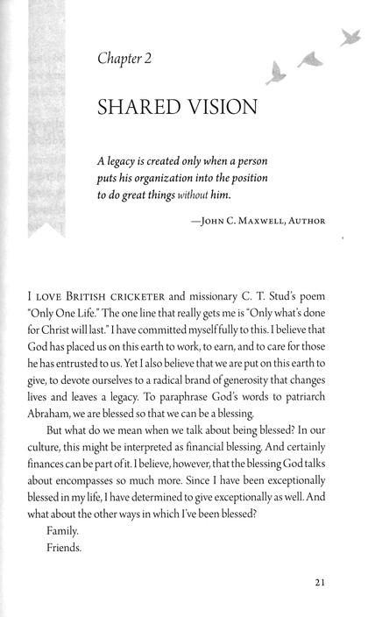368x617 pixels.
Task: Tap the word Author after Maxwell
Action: pyautogui.click(x=306, y=221)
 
